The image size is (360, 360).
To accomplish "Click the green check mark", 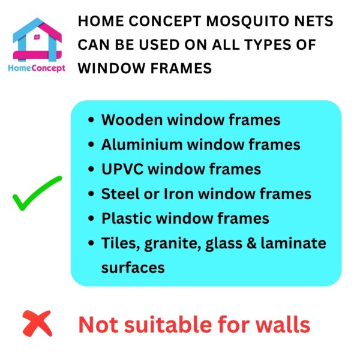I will pos(37,193).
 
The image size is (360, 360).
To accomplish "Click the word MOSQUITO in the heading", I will pos(236,22).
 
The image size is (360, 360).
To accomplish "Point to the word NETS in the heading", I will pos(311,22).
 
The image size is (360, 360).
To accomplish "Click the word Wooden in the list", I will pos(131,119).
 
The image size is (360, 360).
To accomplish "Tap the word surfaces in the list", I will pos(133,267).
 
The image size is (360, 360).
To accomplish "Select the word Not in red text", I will pos(97,325).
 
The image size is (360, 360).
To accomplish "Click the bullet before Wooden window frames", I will pos(91,120).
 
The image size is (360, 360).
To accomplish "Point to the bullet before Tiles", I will pos(91,243).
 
